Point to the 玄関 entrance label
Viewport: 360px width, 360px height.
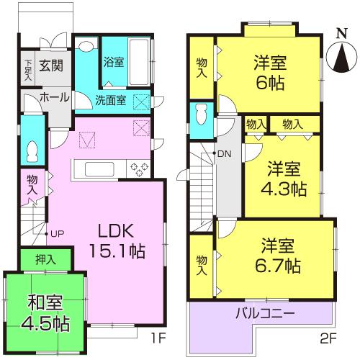tap(50, 66)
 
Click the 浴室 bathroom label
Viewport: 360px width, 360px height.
tap(114, 62)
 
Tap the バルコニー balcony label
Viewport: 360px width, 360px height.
tap(264, 314)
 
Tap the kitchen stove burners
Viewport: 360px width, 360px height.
tap(138, 169)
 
